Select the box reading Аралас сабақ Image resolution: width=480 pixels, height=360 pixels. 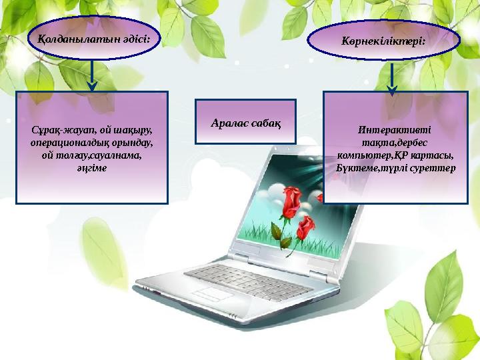[x=245, y=122]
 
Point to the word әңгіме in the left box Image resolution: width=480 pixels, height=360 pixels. [x=92, y=168]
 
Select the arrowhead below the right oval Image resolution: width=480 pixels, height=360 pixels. [x=392, y=87]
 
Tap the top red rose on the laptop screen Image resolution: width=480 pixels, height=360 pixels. [x=291, y=198]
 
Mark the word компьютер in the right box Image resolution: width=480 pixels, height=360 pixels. [x=362, y=155]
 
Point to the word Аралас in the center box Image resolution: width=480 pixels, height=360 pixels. [x=227, y=123]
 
